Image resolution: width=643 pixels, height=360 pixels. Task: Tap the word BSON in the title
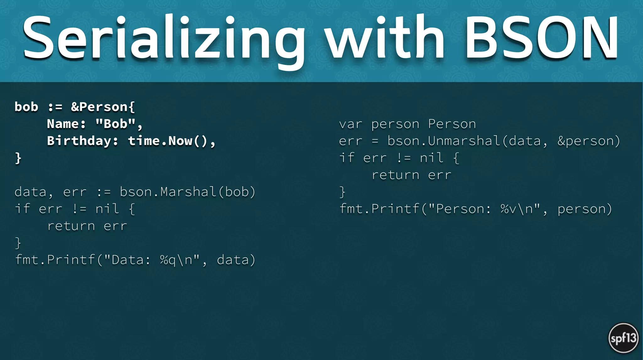542,38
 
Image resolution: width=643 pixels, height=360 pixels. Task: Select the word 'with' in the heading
385,38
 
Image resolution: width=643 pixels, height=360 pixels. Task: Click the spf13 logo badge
623,338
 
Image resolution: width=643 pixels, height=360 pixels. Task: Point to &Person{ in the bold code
103,107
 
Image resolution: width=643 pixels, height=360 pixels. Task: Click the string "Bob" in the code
116,124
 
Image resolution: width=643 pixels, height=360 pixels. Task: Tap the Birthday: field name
83,141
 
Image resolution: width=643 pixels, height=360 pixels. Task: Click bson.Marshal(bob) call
187,192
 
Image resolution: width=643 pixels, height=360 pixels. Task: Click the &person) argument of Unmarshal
589,141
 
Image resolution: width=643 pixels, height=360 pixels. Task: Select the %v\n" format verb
520,209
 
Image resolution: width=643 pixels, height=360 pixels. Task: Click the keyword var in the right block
351,124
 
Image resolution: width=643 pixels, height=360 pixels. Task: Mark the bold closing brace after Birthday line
18,158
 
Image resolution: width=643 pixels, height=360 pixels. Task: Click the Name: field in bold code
66,124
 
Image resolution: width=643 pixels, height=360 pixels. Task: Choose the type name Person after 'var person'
452,124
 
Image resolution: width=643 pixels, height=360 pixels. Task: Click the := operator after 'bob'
55,107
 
